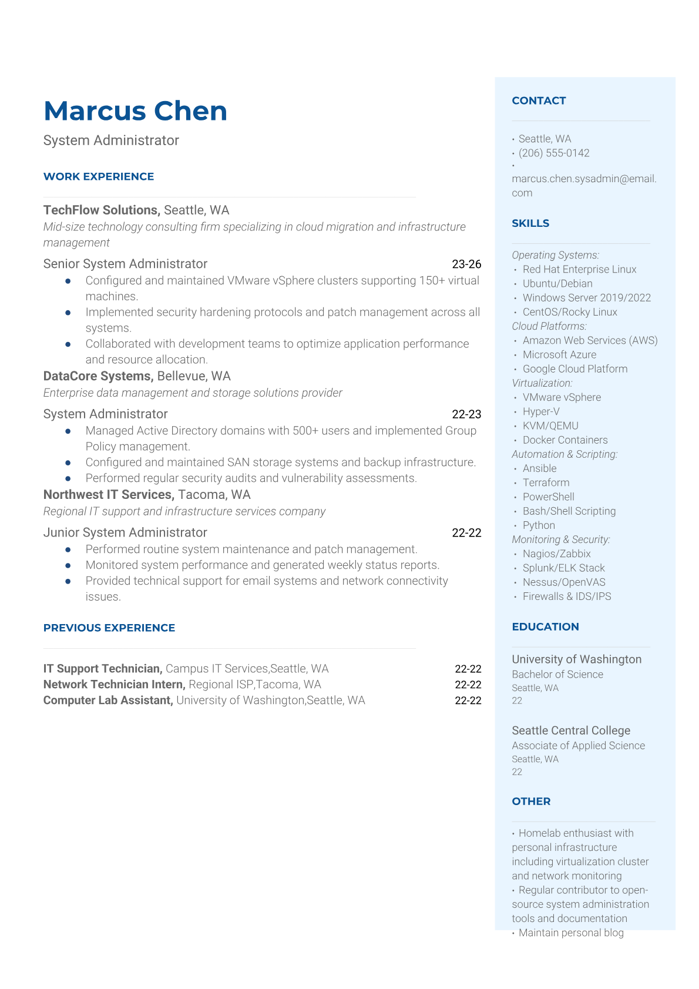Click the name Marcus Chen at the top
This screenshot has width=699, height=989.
pyautogui.click(x=135, y=111)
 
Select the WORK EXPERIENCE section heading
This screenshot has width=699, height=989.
pyautogui.click(x=99, y=176)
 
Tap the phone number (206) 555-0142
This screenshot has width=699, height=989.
pyautogui.click(x=554, y=153)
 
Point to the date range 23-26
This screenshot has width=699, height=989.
pyautogui.click(x=466, y=264)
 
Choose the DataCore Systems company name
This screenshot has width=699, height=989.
pyautogui.click(x=98, y=376)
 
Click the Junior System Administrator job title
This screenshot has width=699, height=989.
pyautogui.click(x=125, y=532)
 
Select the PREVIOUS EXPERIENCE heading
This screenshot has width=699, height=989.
pyautogui.click(x=109, y=628)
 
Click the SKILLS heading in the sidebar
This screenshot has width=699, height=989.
pyautogui.click(x=530, y=223)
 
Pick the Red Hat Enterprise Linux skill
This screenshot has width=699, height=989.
pyautogui.click(x=579, y=269)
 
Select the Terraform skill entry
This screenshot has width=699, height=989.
pyautogui.click(x=546, y=482)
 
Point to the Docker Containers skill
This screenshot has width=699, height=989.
pyautogui.click(x=565, y=440)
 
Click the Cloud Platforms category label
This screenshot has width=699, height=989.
pyautogui.click(x=549, y=326)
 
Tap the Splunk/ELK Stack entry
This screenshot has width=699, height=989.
pyautogui.click(x=563, y=568)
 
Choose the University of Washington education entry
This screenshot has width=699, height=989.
pyautogui.click(x=576, y=659)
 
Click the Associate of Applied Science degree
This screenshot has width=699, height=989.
pyautogui.click(x=578, y=746)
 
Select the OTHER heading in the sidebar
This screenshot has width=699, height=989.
pyautogui.click(x=531, y=802)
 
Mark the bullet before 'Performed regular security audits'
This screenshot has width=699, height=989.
pyautogui.click(x=68, y=479)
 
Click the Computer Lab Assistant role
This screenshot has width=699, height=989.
pyautogui.click(x=108, y=700)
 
